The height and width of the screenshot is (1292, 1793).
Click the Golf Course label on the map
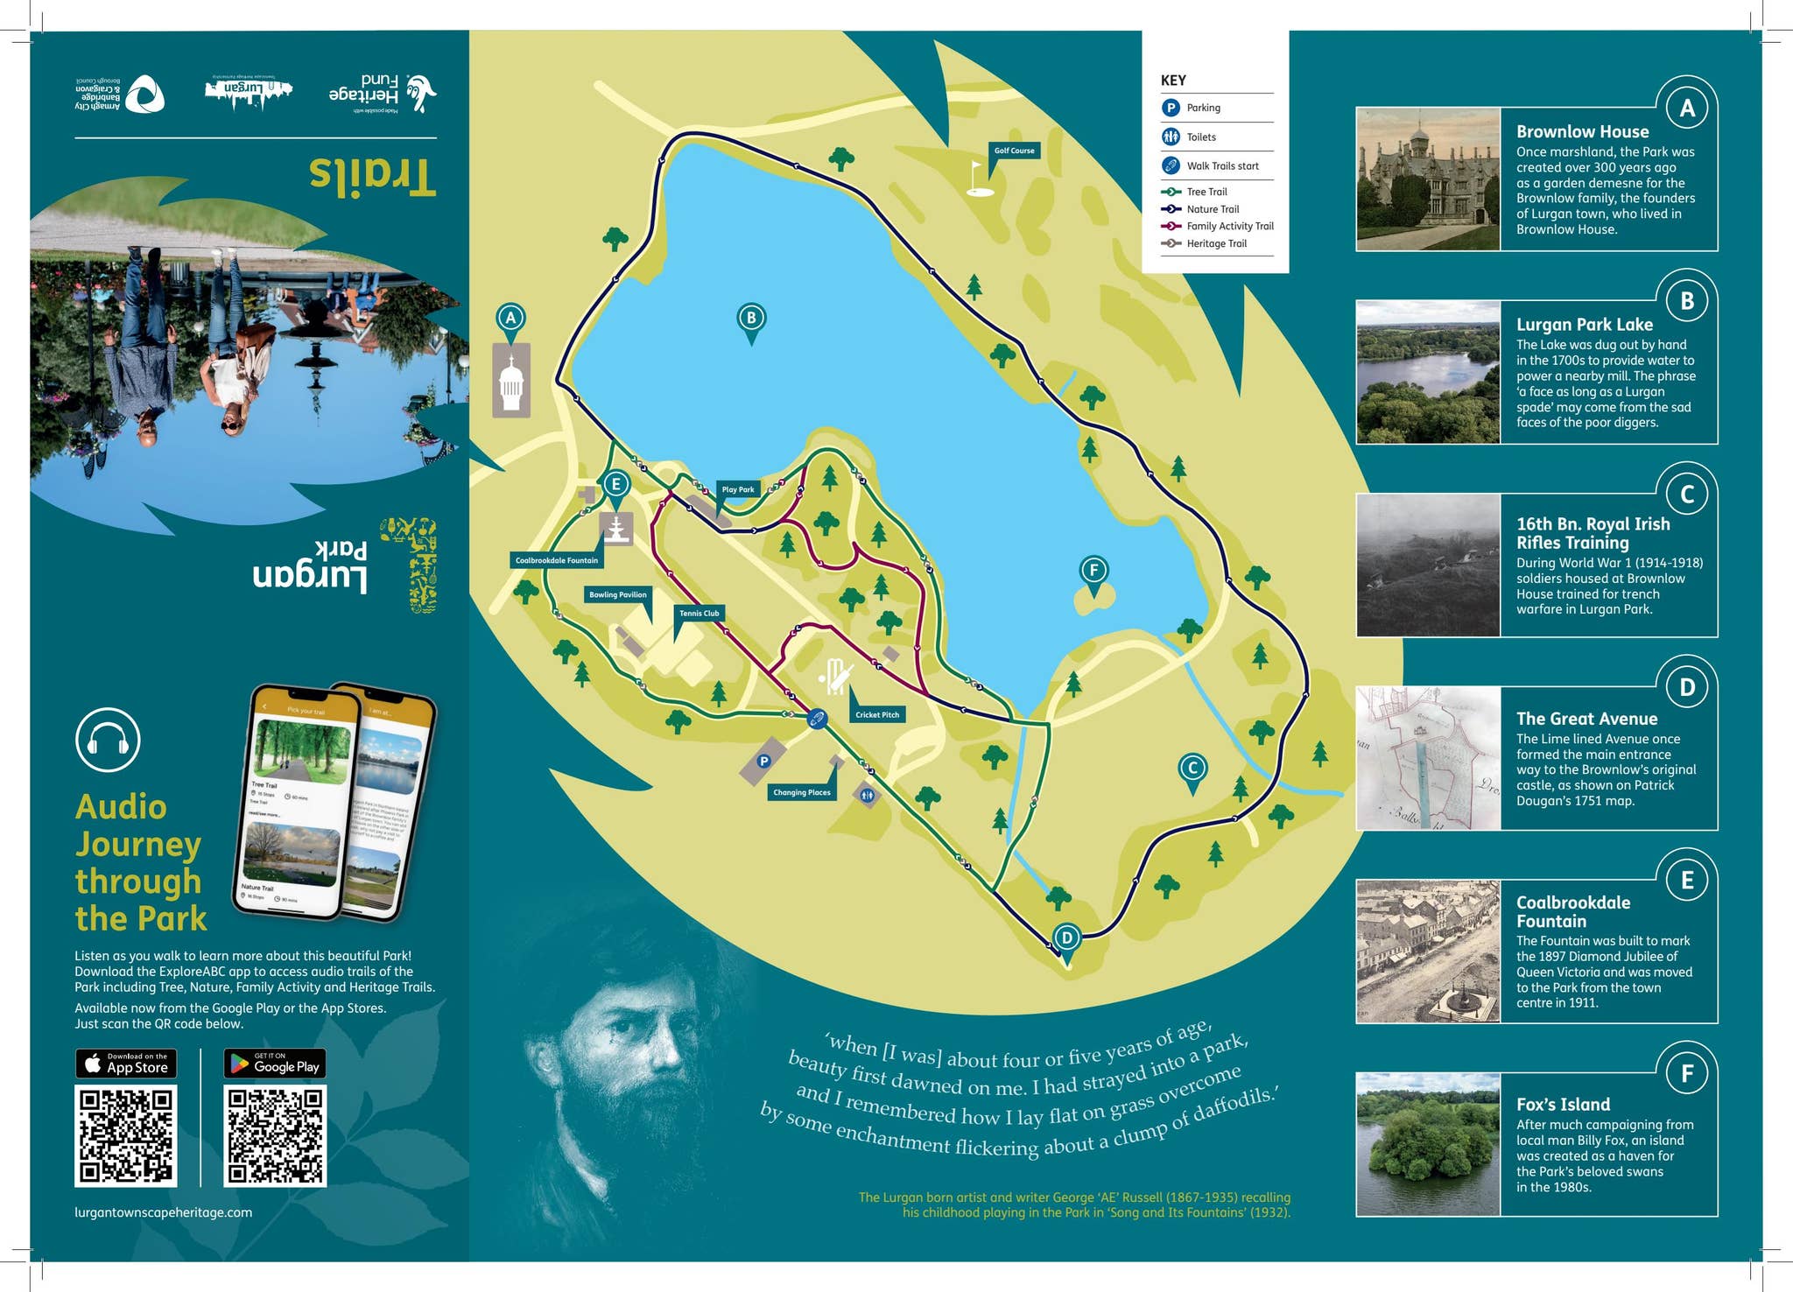click(1014, 151)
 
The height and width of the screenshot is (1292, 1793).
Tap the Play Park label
click(737, 489)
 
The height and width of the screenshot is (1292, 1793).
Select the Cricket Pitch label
click(877, 714)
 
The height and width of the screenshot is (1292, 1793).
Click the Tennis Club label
click(699, 613)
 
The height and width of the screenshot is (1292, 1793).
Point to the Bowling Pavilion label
click(617, 594)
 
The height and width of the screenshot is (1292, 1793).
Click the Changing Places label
click(801, 792)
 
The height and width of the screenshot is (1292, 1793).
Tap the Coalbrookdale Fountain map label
click(556, 560)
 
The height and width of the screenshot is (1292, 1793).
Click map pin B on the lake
click(751, 319)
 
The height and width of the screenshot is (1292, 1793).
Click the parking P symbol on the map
click(763, 762)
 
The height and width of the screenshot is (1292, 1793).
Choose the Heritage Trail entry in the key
click(1216, 243)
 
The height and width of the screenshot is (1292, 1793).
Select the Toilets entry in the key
click(1200, 137)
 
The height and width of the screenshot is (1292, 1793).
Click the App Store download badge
click(126, 1064)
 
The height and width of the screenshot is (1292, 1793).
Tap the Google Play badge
click(275, 1064)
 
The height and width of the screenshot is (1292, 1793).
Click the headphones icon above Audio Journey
click(108, 741)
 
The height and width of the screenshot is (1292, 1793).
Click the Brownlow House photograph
click(1428, 179)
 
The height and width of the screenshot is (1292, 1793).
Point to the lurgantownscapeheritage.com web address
click(164, 1212)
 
